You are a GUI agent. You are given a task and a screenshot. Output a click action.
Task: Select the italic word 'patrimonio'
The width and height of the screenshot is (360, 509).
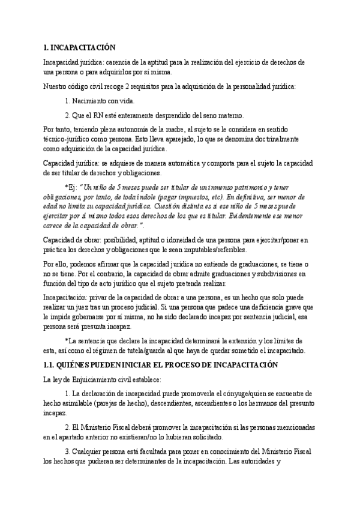pos(234,187)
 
